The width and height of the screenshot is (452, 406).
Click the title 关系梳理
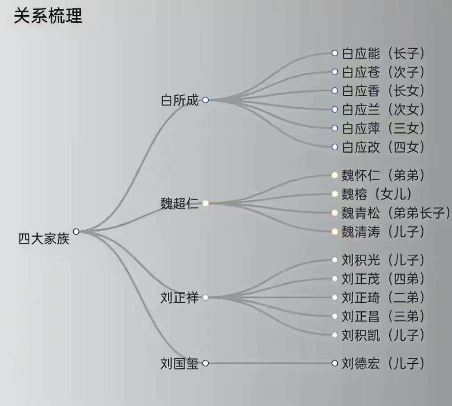[48, 16]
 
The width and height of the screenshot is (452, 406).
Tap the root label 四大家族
[44, 239]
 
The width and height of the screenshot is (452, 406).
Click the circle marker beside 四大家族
[76, 231]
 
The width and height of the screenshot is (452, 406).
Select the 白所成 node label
[180, 100]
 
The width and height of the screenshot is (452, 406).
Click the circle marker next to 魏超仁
[206, 203]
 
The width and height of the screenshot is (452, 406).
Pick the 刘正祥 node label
[180, 297]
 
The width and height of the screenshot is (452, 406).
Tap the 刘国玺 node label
[180, 363]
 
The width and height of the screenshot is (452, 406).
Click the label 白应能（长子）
[383, 53]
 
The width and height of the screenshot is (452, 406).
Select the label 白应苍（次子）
[383, 72]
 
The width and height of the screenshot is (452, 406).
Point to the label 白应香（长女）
[383, 91]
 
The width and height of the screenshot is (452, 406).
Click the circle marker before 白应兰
[335, 110]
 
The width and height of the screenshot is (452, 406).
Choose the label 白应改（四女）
[383, 147]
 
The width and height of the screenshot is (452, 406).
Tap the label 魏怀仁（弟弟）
[383, 175]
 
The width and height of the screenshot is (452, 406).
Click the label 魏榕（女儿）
[376, 194]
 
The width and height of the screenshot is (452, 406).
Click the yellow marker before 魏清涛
[335, 231]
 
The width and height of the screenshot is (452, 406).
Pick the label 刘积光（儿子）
[383, 260]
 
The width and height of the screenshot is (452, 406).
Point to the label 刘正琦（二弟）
[383, 297]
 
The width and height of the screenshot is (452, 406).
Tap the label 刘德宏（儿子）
[383, 363]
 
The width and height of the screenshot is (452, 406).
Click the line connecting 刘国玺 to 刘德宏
[269, 363]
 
